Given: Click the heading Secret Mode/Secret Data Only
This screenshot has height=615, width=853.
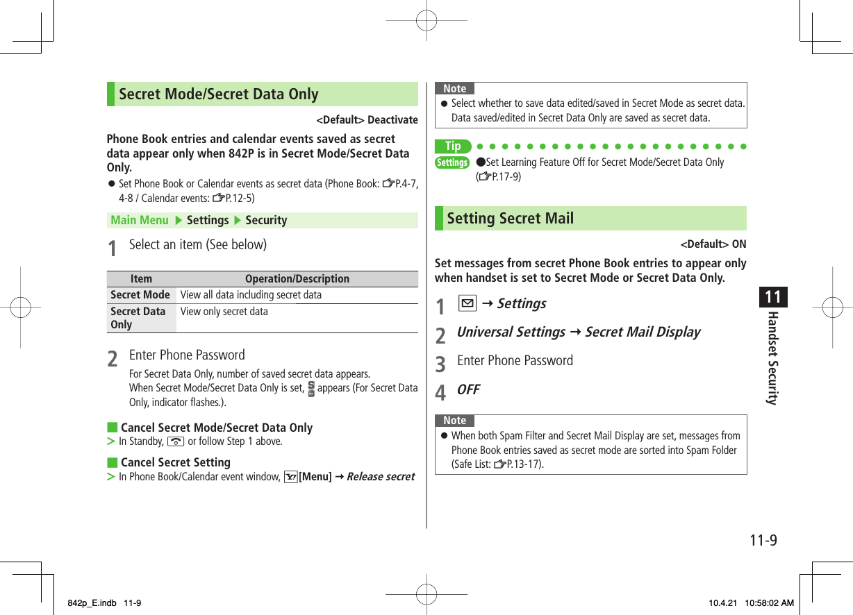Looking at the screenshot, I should click(218, 94).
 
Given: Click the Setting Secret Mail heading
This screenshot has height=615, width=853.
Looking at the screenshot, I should click(510, 219).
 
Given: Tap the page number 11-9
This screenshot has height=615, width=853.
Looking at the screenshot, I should click(763, 540).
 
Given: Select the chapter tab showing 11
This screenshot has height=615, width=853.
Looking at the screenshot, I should click(772, 298).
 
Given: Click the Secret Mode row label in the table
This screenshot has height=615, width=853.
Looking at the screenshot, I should click(140, 295).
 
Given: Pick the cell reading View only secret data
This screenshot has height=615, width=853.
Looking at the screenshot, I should click(224, 312).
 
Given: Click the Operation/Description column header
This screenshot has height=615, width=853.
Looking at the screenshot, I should click(297, 279).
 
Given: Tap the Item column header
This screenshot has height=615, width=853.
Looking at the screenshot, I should click(141, 279).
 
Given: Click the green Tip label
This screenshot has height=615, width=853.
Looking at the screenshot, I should click(453, 146).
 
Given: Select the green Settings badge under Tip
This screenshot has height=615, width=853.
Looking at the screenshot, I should click(452, 162).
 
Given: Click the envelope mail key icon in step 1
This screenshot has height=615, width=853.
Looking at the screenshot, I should click(467, 303).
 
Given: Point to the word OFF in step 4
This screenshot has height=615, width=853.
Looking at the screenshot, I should click(468, 389).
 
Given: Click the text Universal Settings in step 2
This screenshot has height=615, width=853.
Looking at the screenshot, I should click(511, 332).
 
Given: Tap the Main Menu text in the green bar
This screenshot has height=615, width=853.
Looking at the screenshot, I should click(140, 220).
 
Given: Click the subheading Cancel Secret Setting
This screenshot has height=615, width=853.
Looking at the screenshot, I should click(175, 462).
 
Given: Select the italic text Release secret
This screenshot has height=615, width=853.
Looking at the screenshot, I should click(380, 477).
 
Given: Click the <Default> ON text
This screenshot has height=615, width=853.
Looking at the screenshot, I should click(713, 244).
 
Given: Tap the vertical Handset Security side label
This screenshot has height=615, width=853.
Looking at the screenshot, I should click(772, 358).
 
